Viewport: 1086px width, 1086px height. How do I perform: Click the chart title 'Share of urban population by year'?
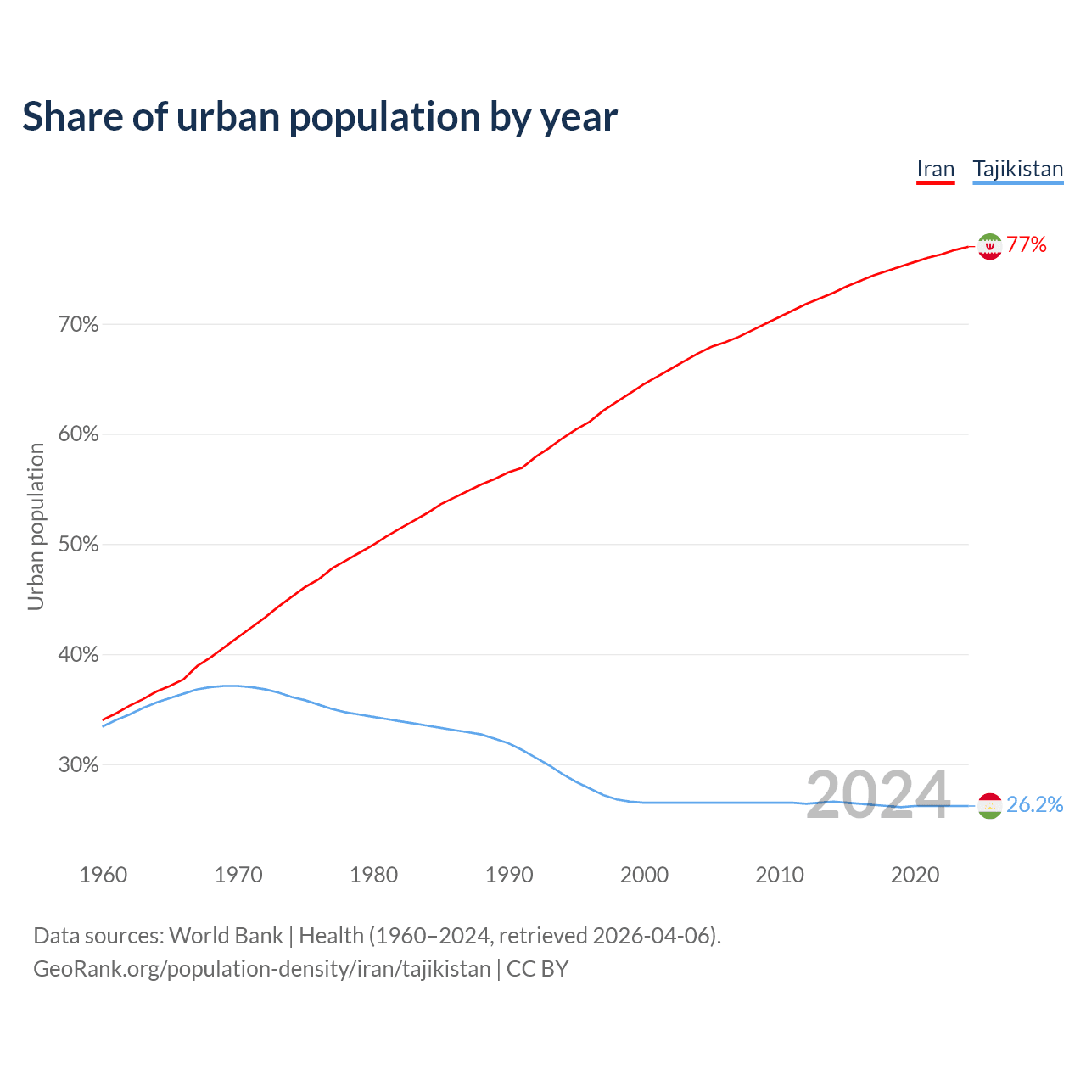(320, 117)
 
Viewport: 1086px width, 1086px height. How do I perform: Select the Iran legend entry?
(936, 169)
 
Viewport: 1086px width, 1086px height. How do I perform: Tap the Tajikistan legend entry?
(1017, 169)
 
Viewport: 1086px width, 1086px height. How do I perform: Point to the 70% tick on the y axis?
(79, 325)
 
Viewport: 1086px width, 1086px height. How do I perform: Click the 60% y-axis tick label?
(79, 434)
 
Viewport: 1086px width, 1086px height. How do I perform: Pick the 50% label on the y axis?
(79, 545)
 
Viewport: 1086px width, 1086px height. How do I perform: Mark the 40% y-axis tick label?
(79, 655)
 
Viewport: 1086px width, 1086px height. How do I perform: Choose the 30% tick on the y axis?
(79, 765)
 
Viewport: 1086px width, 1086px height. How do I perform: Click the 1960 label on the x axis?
(104, 875)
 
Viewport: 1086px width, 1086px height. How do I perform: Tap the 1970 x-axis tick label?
(238, 875)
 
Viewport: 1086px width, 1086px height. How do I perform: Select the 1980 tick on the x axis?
(374, 875)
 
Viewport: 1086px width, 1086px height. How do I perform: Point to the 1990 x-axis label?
(509, 875)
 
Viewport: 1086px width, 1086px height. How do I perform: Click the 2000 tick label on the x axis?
(645, 875)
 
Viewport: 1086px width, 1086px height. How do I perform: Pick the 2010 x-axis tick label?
(780, 875)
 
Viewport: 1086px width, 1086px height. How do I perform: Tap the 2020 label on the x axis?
(915, 875)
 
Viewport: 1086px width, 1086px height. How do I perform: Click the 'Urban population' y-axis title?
(36, 526)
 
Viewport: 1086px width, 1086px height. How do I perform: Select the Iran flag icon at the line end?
(989, 246)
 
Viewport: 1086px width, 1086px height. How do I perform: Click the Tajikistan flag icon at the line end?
(989, 805)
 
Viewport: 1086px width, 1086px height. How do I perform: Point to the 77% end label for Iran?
(1027, 245)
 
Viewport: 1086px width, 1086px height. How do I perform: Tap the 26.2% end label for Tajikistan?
(1035, 805)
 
